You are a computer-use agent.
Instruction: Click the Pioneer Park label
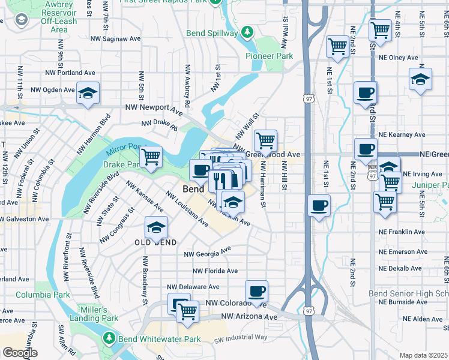pos(269,56)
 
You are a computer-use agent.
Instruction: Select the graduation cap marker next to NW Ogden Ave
pos(88,94)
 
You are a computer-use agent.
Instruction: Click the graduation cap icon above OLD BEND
pos(156,228)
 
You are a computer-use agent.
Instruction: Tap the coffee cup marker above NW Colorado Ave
pos(257,292)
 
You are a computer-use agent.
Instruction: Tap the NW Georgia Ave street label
pos(207,252)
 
